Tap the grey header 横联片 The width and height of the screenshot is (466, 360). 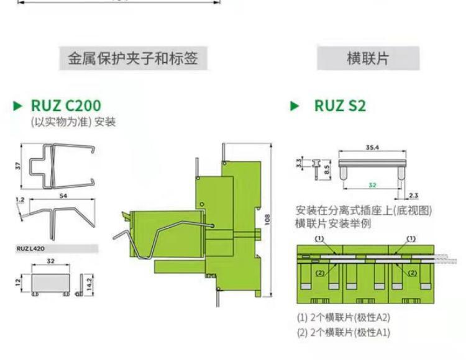click(x=368, y=59)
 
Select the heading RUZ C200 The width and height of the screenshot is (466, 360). click(x=65, y=106)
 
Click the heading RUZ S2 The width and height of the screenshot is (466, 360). click(x=340, y=106)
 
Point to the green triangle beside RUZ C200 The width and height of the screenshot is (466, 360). click(x=18, y=106)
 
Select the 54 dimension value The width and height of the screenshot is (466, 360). click(x=63, y=196)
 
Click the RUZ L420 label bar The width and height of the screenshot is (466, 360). click(x=56, y=248)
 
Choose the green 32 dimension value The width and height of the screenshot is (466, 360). click(x=372, y=184)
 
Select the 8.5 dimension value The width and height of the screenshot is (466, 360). click(x=327, y=167)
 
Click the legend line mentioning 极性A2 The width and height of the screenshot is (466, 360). click(x=343, y=317)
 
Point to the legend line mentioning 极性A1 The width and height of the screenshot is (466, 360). click(x=343, y=332)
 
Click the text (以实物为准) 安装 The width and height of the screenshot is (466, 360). click(x=73, y=122)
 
